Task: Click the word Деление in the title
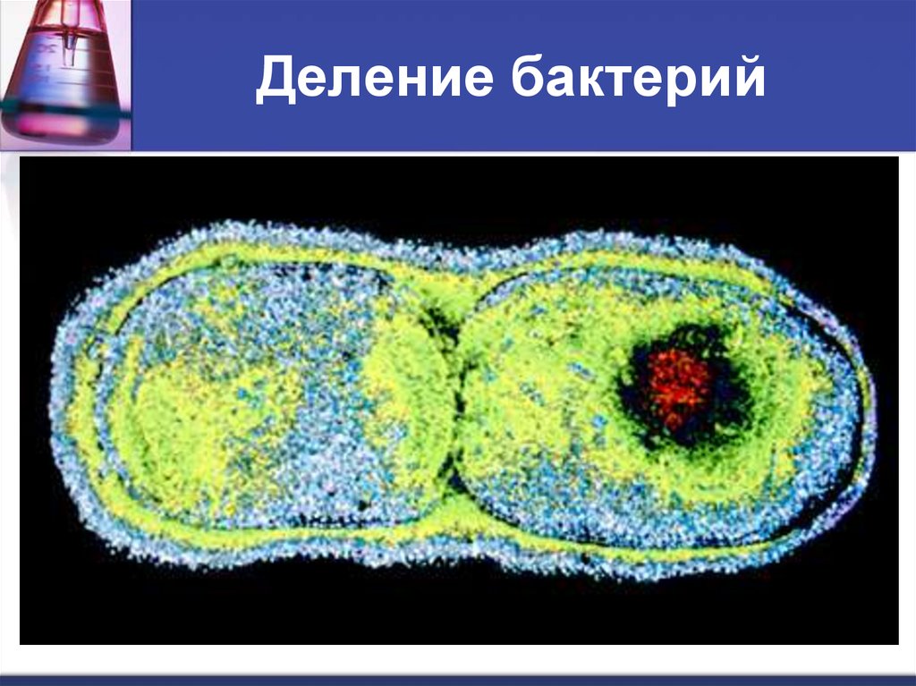pos(375,79)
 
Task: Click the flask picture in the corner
pos(63,72)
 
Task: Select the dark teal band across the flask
pos(63,110)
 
